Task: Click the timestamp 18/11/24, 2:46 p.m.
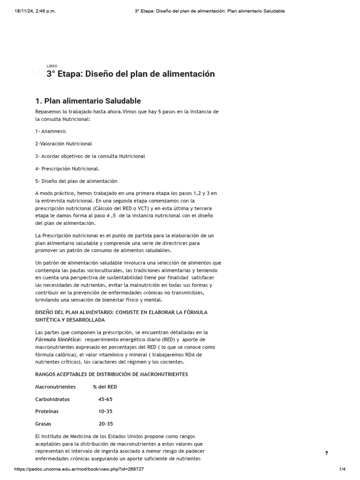(x=35, y=11)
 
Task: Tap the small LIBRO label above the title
(x=52, y=66)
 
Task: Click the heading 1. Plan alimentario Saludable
(x=88, y=101)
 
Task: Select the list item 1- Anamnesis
(x=51, y=131)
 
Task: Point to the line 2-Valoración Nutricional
(x=63, y=143)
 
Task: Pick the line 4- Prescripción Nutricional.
(x=67, y=168)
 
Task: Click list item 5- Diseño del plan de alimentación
(x=76, y=181)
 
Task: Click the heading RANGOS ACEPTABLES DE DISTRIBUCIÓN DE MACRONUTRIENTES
(x=112, y=374)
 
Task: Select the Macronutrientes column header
(x=55, y=387)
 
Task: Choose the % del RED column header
(x=105, y=387)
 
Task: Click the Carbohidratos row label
(x=52, y=399)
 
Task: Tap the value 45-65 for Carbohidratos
(x=105, y=399)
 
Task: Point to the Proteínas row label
(x=47, y=411)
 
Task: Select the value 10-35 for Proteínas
(x=105, y=411)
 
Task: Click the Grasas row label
(x=43, y=424)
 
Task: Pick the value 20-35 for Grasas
(x=105, y=424)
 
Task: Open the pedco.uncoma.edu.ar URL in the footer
(x=79, y=469)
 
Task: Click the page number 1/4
(x=342, y=469)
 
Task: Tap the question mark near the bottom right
(x=326, y=453)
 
